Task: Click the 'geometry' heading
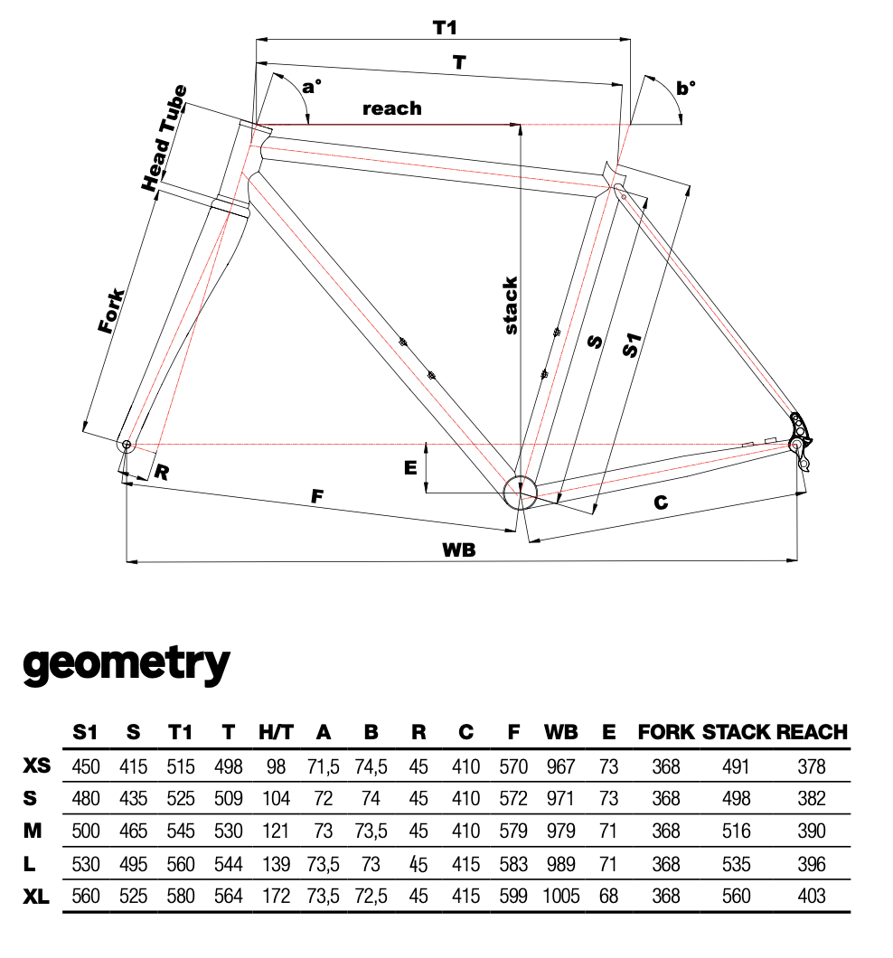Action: click(x=127, y=664)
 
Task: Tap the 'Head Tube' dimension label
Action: click(x=164, y=137)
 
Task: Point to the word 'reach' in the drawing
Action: click(x=391, y=108)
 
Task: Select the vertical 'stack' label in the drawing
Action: click(x=511, y=306)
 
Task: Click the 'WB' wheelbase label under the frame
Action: click(x=459, y=549)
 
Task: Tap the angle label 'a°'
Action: click(x=312, y=87)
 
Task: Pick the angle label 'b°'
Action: click(x=687, y=88)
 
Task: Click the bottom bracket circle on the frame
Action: click(x=520, y=491)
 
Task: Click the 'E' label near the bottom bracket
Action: click(x=410, y=466)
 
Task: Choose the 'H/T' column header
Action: click(x=276, y=732)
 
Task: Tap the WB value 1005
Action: click(x=560, y=896)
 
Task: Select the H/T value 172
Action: click(x=276, y=896)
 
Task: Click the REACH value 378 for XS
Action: click(x=812, y=766)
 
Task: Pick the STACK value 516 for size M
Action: click(x=737, y=831)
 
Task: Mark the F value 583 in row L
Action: click(x=513, y=864)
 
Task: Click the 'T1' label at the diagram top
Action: click(x=443, y=27)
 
